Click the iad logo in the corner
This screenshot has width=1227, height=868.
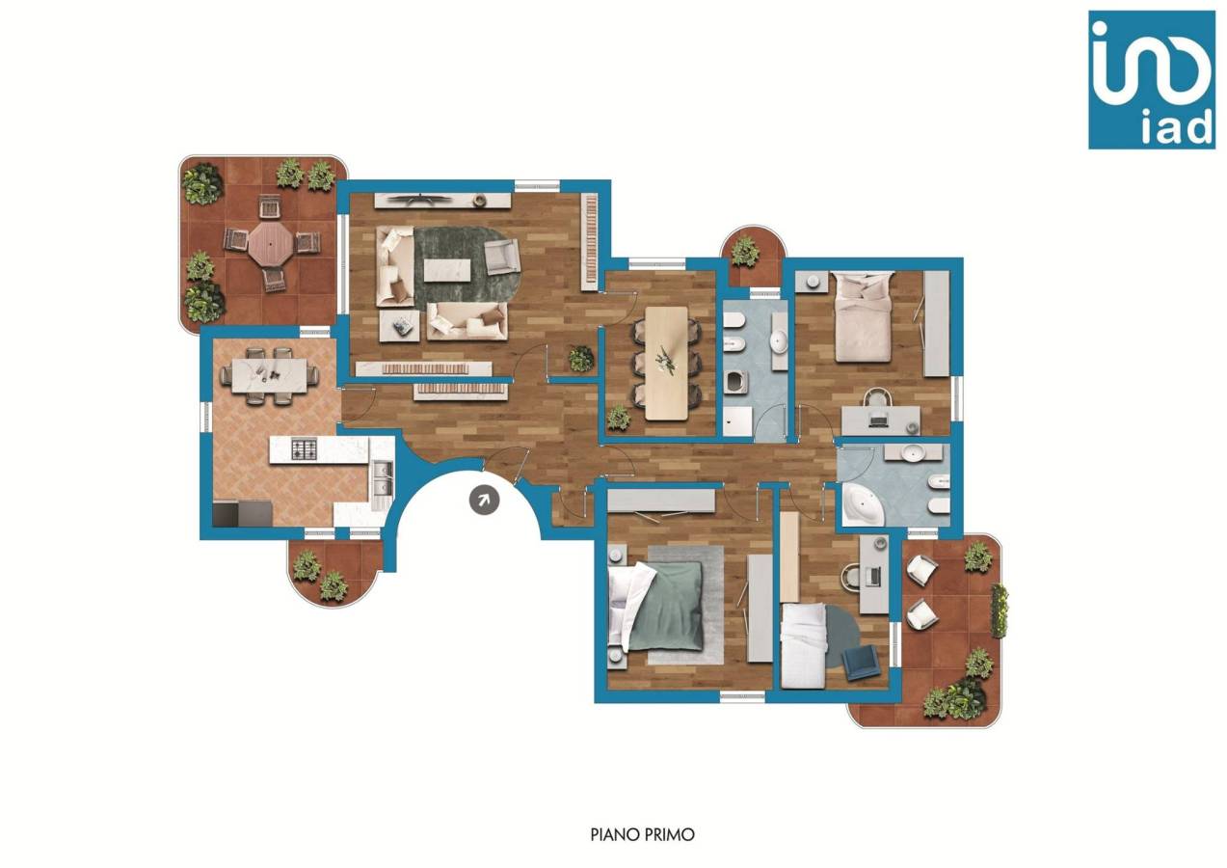(x=1152, y=79)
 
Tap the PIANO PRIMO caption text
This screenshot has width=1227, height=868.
(x=643, y=834)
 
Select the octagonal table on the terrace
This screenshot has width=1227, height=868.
(x=270, y=244)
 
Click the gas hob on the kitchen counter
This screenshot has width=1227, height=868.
(x=304, y=449)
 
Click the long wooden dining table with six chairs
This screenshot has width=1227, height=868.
(x=666, y=363)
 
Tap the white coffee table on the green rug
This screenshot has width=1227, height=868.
(x=447, y=270)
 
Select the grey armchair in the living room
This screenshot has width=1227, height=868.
(x=501, y=256)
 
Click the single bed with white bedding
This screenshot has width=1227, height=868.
(x=803, y=645)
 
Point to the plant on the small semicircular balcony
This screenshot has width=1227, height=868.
(x=745, y=252)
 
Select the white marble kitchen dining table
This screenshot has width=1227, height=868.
(x=269, y=375)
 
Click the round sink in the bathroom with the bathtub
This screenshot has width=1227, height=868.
(x=912, y=452)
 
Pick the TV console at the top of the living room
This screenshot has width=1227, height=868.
(x=442, y=200)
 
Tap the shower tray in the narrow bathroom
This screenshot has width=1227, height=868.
(x=736, y=420)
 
